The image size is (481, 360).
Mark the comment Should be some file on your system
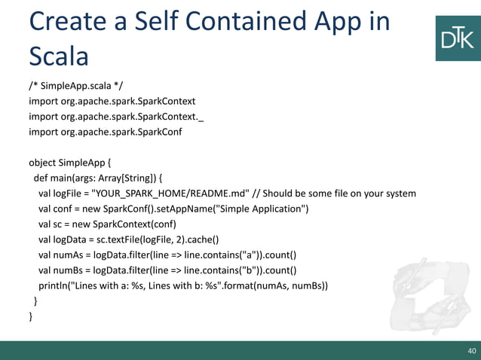click(x=344, y=194)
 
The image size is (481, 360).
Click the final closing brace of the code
click(x=31, y=317)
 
